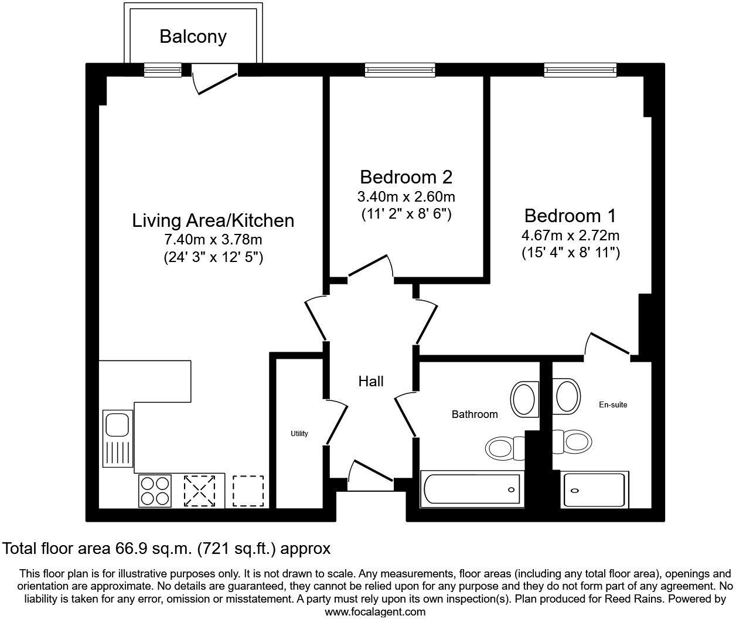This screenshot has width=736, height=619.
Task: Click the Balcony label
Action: pyautogui.click(x=193, y=36)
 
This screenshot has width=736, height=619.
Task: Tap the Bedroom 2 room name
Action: pyautogui.click(x=406, y=176)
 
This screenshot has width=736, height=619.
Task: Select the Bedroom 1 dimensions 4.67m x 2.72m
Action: pyautogui.click(x=570, y=236)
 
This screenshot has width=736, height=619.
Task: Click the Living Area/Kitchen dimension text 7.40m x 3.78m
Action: pyautogui.click(x=213, y=239)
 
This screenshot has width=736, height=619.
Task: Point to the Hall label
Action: pyautogui.click(x=371, y=382)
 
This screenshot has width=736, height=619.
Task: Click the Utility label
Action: pyautogui.click(x=299, y=434)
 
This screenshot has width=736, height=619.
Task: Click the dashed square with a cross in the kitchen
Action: pyautogui.click(x=200, y=491)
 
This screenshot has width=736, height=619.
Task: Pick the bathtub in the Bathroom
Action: pyautogui.click(x=471, y=489)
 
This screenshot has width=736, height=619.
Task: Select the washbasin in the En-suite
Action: pyautogui.click(x=567, y=397)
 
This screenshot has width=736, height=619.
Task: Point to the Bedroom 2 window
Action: pyautogui.click(x=400, y=70)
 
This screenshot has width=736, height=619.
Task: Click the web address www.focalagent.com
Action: pyautogui.click(x=375, y=612)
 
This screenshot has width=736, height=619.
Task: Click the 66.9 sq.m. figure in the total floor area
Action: pyautogui.click(x=152, y=549)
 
